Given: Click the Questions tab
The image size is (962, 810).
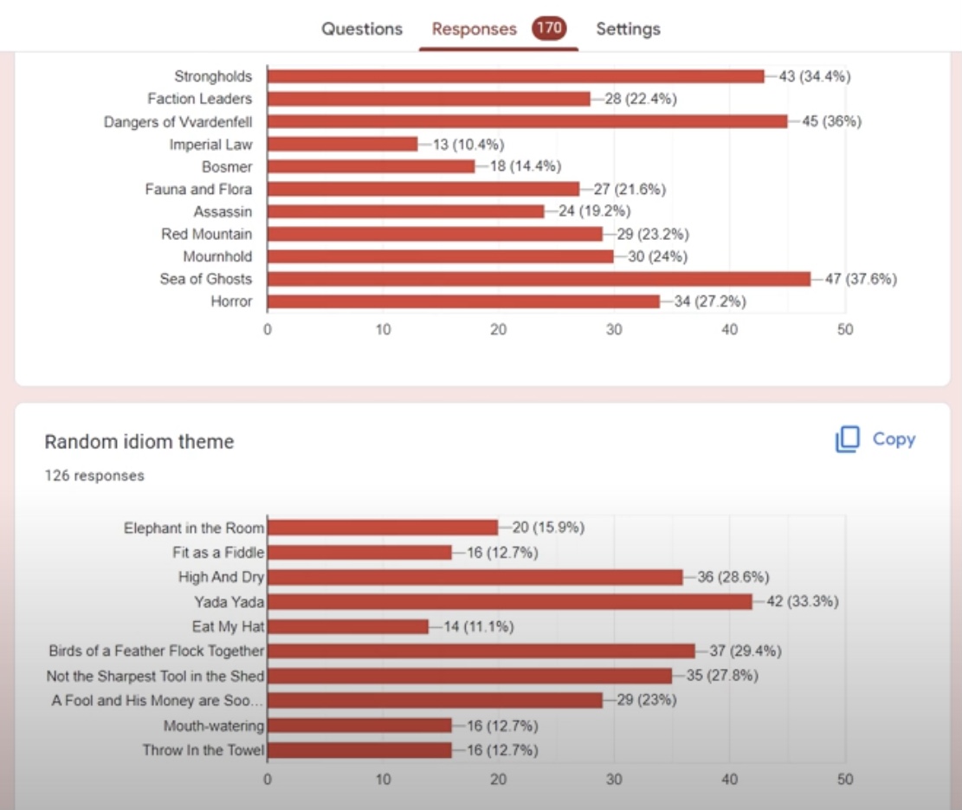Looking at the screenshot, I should [362, 29].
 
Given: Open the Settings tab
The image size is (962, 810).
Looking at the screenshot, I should [628, 29].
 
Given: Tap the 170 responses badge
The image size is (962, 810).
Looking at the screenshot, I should [549, 29].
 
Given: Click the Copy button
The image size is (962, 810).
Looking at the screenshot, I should [875, 439].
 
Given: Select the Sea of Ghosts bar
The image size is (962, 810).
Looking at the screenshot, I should [539, 279].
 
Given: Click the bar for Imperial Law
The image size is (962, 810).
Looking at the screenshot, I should [342, 144].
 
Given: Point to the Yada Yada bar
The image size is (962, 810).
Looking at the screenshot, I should [509, 601].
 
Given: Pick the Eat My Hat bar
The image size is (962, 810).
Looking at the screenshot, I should [347, 626].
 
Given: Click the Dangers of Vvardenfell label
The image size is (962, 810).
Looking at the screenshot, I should [178, 121].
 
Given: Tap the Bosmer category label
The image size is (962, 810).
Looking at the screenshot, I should [227, 166].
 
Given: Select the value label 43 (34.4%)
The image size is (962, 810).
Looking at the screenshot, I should [815, 76].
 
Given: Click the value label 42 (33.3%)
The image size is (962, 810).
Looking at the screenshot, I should [802, 601].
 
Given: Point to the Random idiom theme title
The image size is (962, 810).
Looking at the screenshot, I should [139, 442].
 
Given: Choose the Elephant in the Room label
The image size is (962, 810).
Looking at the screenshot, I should [194, 528].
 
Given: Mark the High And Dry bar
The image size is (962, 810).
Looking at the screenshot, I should [475, 577].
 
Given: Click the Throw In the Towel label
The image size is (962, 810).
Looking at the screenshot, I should [203, 750].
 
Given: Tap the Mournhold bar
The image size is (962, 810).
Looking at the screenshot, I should [440, 256].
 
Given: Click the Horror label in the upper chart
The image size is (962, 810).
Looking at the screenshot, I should [231, 301].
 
